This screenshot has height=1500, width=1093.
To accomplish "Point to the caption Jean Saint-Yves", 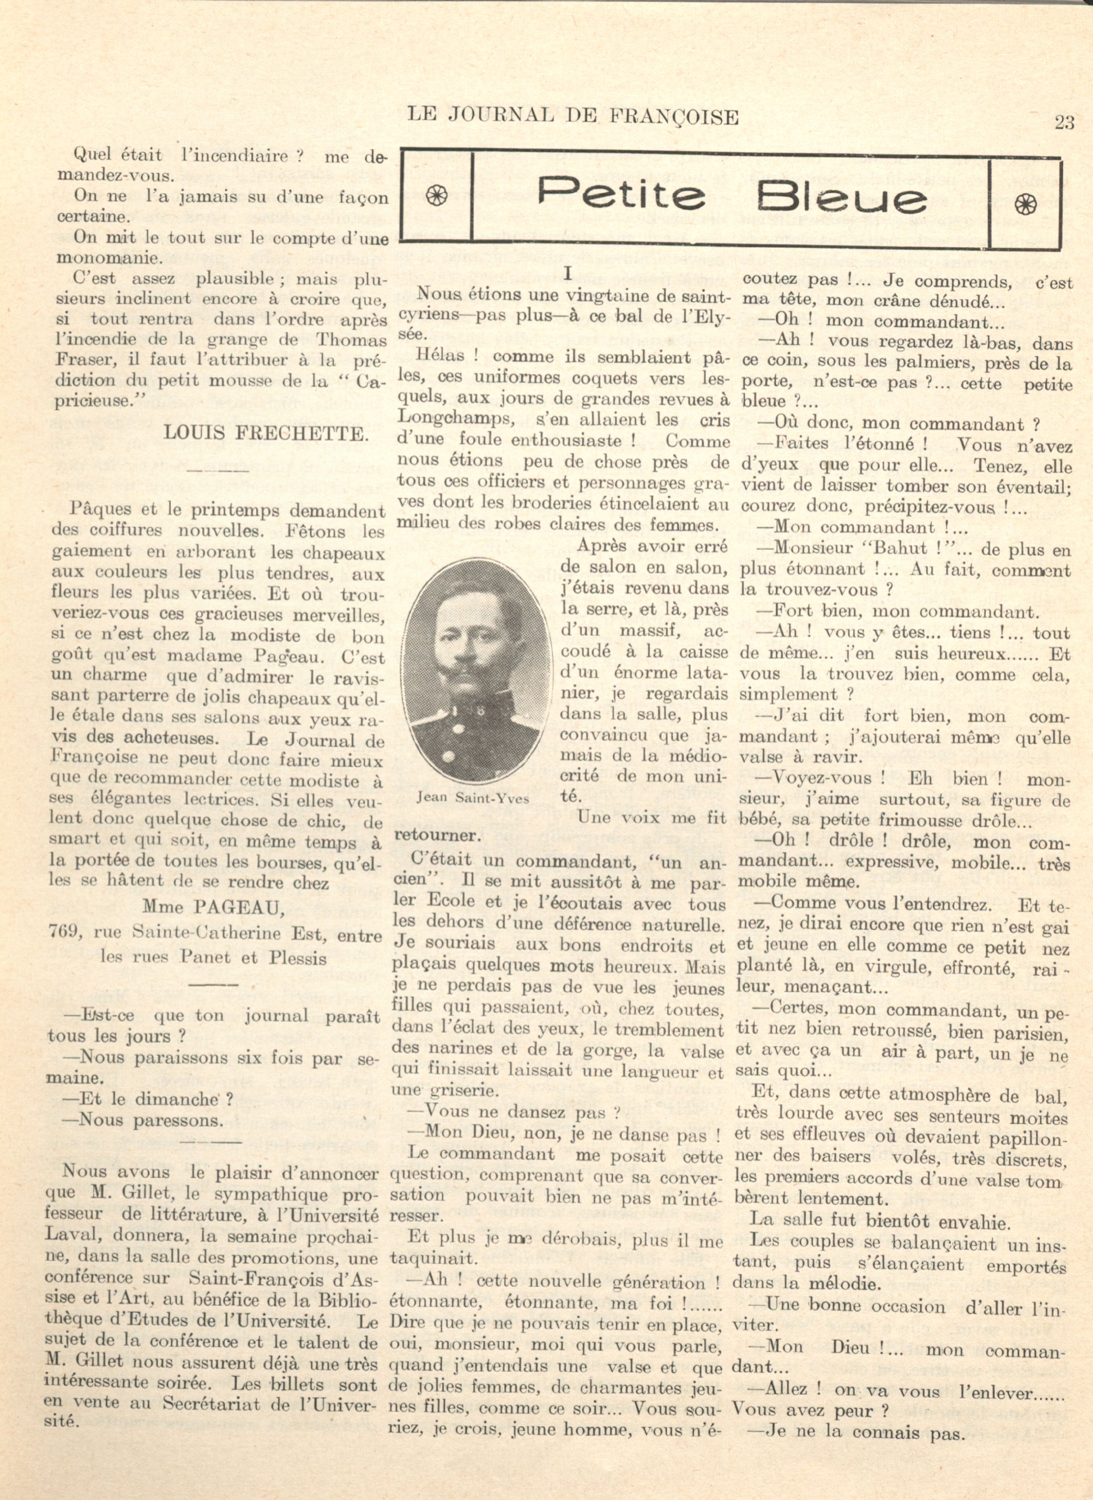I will pyautogui.click(x=474, y=798).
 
